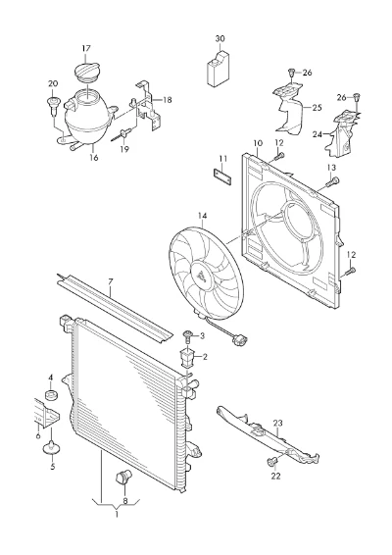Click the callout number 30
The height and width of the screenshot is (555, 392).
(x=220, y=38)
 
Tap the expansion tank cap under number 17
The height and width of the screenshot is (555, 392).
(x=87, y=72)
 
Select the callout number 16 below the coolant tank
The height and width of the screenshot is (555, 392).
(x=93, y=158)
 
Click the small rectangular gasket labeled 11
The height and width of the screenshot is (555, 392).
(x=222, y=177)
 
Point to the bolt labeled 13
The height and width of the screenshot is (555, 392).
(x=331, y=181)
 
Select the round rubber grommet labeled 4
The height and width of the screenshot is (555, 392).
(x=52, y=394)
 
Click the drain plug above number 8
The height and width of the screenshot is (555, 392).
(x=123, y=476)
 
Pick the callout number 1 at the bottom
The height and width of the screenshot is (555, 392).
(x=117, y=514)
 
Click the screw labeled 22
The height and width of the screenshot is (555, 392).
(x=271, y=462)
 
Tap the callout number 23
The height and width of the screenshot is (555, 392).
(x=278, y=423)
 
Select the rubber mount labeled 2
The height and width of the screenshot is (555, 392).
(x=187, y=358)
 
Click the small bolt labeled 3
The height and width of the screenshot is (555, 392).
(x=186, y=336)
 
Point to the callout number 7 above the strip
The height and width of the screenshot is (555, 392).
(x=110, y=282)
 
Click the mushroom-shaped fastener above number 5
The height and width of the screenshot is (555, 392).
(x=52, y=448)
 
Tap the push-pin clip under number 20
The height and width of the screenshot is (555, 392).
(x=54, y=106)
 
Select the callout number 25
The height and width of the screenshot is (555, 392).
(x=317, y=107)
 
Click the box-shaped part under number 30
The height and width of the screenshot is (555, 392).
(x=218, y=69)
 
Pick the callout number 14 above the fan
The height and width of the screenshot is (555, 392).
(x=203, y=216)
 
